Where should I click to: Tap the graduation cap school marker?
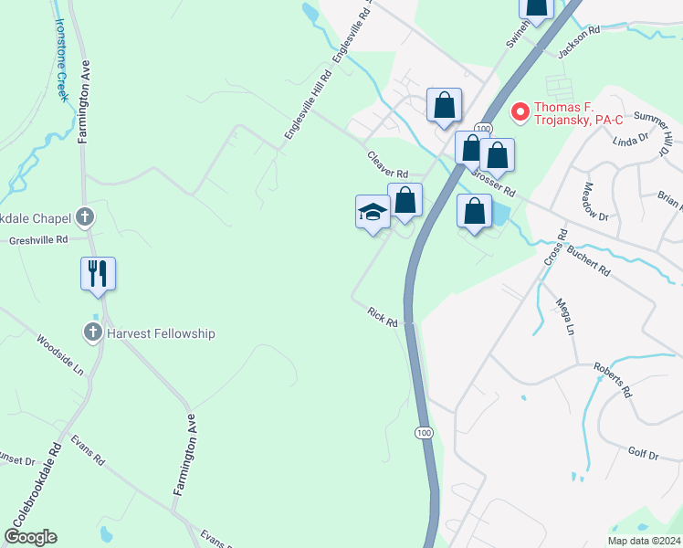pyautogui.click(x=373, y=213)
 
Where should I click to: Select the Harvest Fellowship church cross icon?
pyautogui.click(x=92, y=332)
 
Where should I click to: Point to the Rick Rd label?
pyautogui.click(x=383, y=317)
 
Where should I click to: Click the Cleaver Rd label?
pyautogui.click(x=388, y=164)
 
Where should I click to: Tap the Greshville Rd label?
pyautogui.click(x=38, y=240)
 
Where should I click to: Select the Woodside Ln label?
pyautogui.click(x=60, y=354)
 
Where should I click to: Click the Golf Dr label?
pyautogui.click(x=643, y=454)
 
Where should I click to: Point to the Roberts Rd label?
pyautogui.click(x=612, y=378)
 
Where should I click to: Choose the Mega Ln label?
pyautogui.click(x=565, y=316)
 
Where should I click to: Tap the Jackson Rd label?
pyautogui.click(x=579, y=43)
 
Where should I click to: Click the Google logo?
pyautogui.click(x=30, y=537)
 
